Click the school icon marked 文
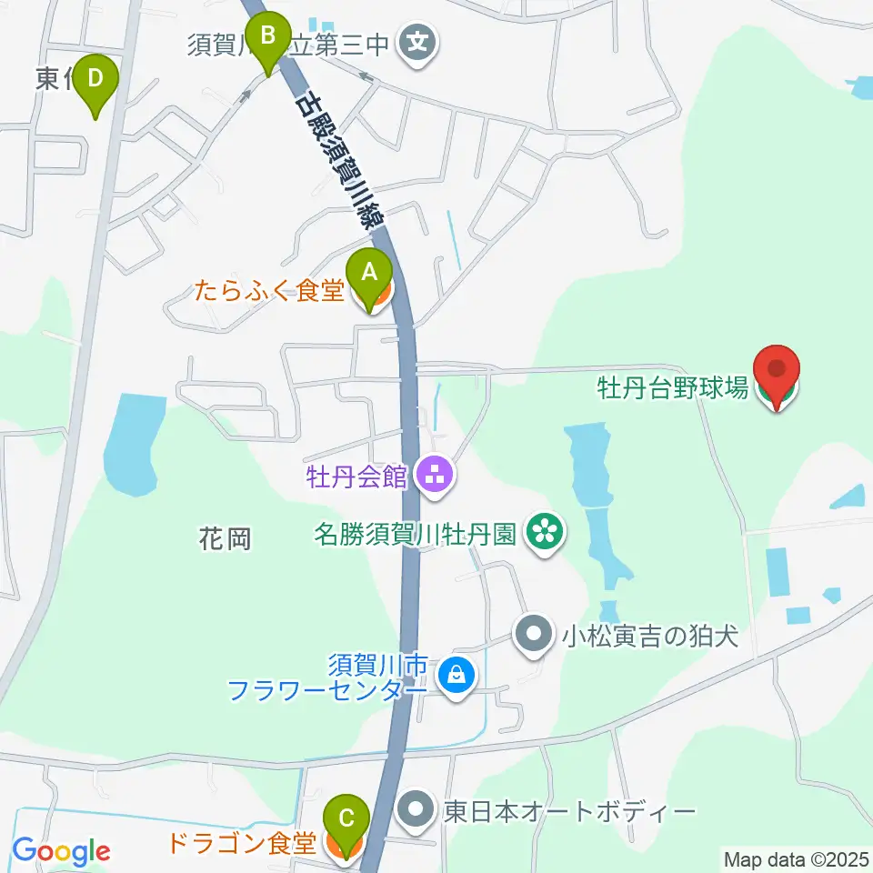(x=417, y=43)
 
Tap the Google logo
(x=61, y=852)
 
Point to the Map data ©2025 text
(x=797, y=858)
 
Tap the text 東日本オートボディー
(x=569, y=809)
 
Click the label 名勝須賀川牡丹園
(x=416, y=531)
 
